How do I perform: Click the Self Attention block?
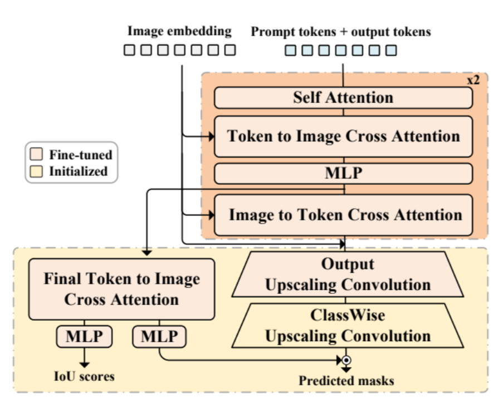coord(343,97)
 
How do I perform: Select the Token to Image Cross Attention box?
coord(343,136)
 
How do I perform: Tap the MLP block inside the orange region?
coord(343,173)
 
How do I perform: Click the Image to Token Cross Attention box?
coord(343,214)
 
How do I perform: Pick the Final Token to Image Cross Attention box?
coord(121,288)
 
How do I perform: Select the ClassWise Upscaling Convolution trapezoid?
coord(348,326)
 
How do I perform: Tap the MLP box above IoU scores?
coord(84,337)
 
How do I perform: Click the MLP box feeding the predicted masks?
coord(159,337)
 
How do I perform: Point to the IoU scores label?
coord(85,377)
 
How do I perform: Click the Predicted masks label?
coord(346,381)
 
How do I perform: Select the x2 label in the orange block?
coord(472,80)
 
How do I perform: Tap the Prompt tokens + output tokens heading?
coord(341,32)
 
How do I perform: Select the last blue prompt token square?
coord(391,51)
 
